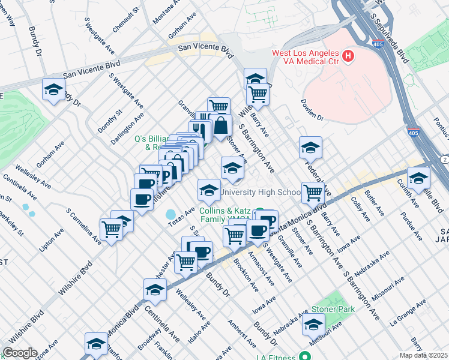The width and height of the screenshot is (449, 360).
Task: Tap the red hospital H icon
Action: pyautogui.click(x=348, y=57)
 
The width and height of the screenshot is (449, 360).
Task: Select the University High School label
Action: pyautogui.click(x=261, y=193)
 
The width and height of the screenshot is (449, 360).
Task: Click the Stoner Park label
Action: pyautogui.click(x=333, y=309)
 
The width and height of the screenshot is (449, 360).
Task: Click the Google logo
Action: pyautogui.click(x=20, y=353)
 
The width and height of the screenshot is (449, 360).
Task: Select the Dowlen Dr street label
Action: pyautogui.click(x=312, y=110)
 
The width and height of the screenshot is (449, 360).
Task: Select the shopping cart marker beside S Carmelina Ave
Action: pyautogui.click(x=112, y=229)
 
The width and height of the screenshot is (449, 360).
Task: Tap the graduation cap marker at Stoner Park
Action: pyautogui.click(x=313, y=325)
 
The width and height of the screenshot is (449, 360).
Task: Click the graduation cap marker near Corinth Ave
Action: pyautogui.click(x=418, y=178)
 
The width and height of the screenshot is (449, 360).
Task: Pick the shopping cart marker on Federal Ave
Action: pyautogui.click(x=313, y=192)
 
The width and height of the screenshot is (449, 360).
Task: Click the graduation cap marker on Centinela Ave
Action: pyautogui.click(x=155, y=289)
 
